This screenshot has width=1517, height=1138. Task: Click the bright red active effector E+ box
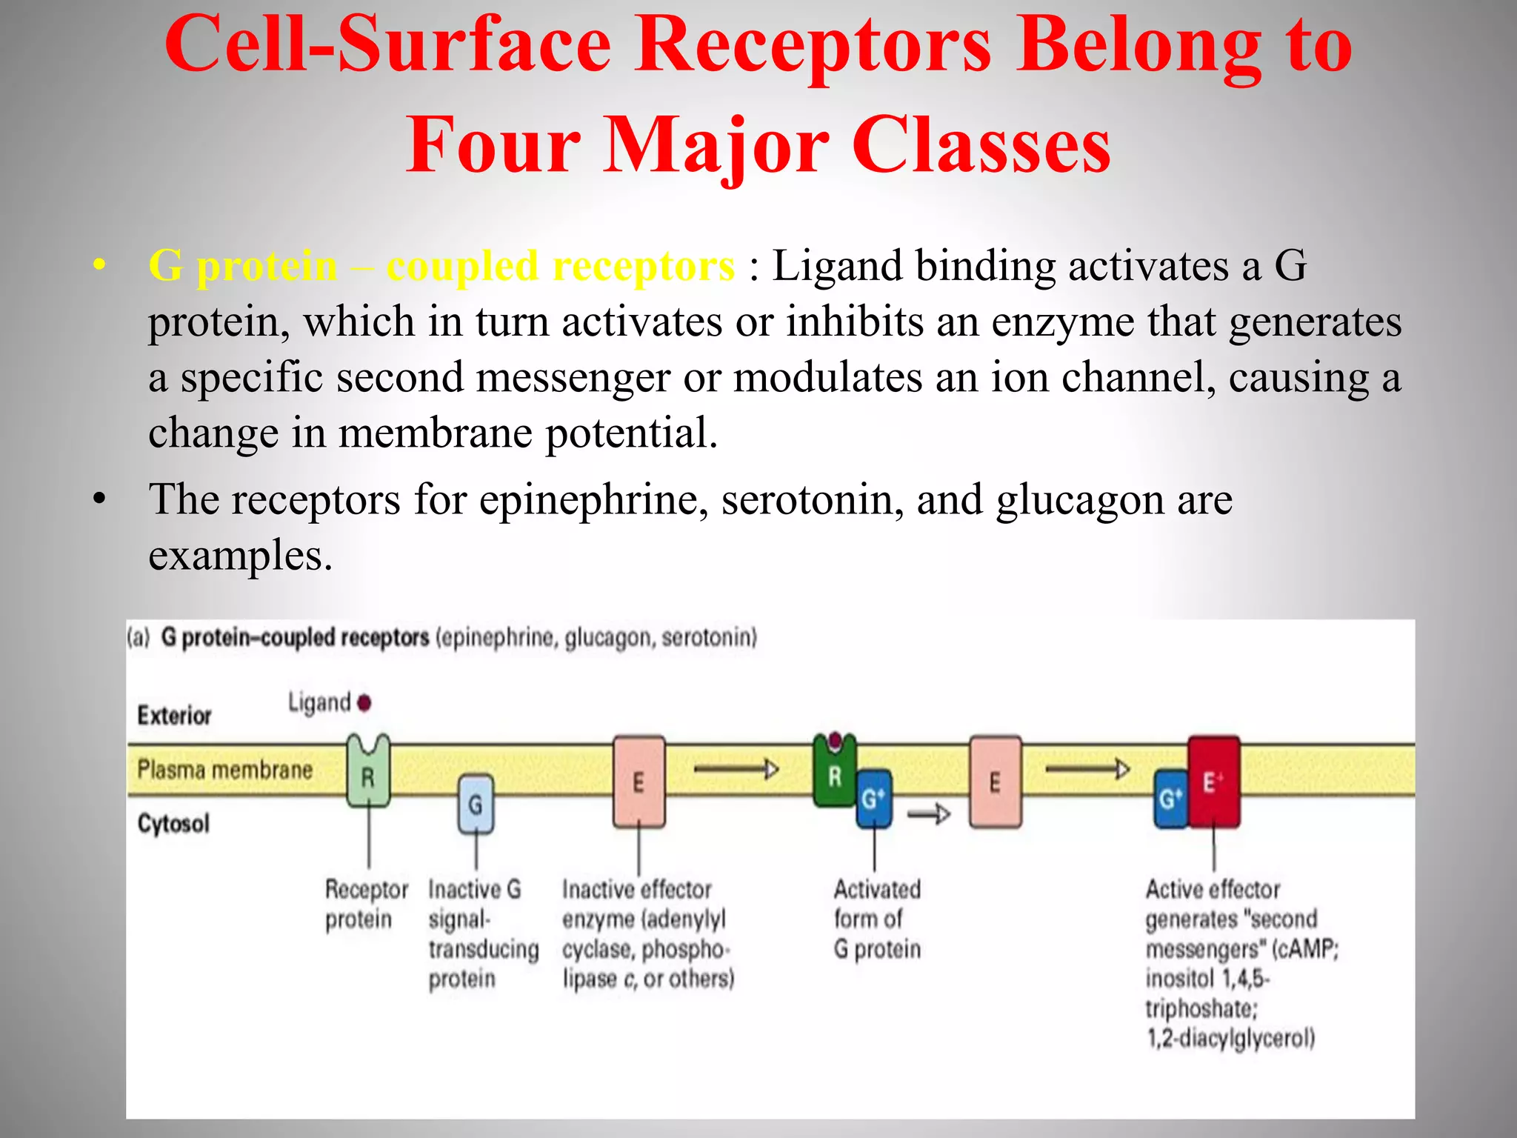1213,782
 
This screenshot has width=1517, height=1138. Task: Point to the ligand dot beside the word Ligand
364,702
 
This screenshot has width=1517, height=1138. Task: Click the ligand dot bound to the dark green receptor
836,739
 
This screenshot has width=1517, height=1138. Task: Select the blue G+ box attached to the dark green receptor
873,799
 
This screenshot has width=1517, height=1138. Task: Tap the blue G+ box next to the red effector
1170,799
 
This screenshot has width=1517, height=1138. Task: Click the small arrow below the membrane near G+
929,814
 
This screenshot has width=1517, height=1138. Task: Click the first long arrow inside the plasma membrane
736,770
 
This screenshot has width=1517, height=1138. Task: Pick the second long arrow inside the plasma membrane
1087,770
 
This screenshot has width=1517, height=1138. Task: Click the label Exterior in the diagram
175,716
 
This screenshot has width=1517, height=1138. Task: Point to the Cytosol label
173,823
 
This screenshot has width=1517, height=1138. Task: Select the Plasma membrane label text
224,770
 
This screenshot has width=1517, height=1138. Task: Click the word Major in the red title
717,144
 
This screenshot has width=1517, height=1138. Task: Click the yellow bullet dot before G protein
100,265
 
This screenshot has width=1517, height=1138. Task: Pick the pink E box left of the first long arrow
639,782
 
